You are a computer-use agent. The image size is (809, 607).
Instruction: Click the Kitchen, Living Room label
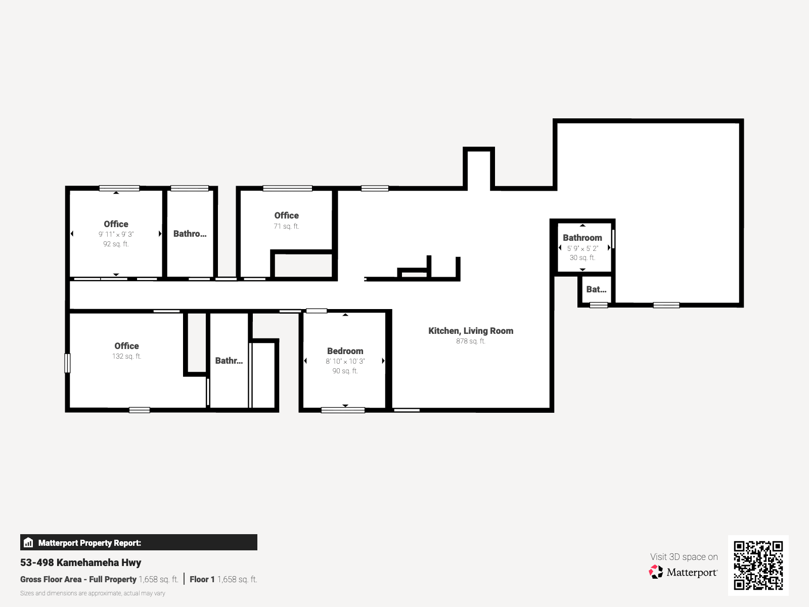[471, 331]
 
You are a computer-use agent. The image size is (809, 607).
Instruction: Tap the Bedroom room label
[345, 351]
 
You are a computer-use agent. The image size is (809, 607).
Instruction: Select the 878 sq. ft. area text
[471, 341]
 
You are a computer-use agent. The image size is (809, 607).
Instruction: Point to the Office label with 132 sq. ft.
[126, 345]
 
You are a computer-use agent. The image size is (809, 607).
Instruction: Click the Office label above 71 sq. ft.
[286, 215]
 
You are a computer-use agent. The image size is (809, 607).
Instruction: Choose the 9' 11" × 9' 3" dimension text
[116, 234]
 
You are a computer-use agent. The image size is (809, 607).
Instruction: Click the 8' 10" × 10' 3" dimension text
[345, 362]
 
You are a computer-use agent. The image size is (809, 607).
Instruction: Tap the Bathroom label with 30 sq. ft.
[582, 238]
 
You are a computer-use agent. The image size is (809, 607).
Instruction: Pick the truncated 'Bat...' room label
[596, 289]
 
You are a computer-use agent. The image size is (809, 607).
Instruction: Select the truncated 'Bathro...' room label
[190, 234]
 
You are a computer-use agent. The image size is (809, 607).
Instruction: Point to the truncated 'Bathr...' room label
[229, 361]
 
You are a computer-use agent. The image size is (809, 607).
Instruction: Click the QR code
[758, 566]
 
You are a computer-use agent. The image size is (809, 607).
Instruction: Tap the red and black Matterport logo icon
[656, 572]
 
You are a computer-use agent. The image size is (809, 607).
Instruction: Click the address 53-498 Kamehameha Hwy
[81, 562]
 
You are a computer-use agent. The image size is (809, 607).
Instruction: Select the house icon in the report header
[28, 542]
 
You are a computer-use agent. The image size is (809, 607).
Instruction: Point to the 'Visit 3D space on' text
[684, 557]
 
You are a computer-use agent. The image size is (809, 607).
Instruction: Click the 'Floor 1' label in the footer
[202, 579]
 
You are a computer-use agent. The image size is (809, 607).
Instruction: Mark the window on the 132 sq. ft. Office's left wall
[67, 363]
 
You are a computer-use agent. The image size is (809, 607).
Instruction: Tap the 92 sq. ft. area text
[116, 244]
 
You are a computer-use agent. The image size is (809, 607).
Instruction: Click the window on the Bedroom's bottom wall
[343, 410]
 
